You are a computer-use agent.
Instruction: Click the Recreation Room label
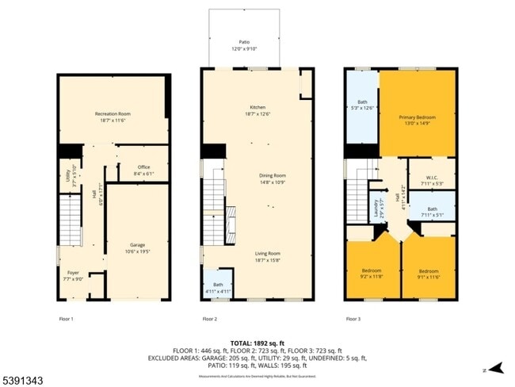tap(113, 114)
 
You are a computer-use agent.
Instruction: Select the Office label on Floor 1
tap(143, 167)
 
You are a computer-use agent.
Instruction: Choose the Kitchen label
tap(257, 108)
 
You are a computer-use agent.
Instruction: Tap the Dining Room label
tap(272, 175)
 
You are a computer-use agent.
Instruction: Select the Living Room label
tap(268, 254)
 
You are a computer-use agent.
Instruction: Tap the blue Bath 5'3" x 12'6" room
tap(362, 105)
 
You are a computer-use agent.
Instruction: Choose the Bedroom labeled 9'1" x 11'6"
tap(429, 271)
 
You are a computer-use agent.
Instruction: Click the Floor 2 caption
tap(209, 319)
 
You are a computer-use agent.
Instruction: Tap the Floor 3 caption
tap(353, 319)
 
